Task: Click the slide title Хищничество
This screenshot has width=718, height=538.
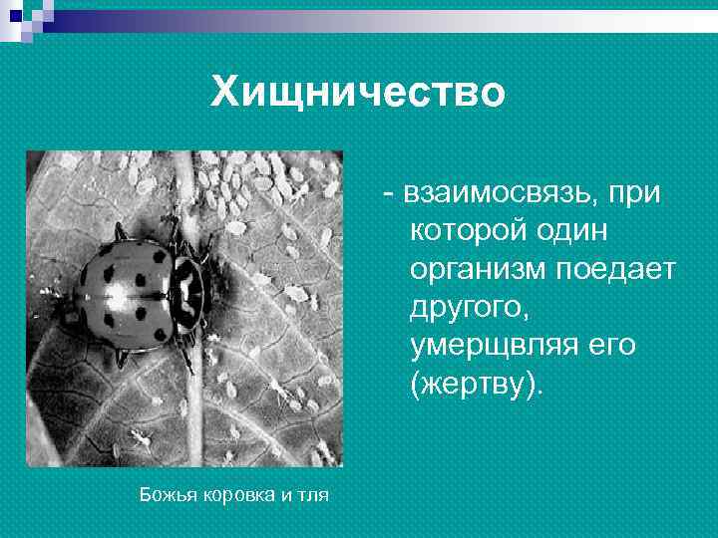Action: point(358,94)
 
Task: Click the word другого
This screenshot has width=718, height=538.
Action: point(465,308)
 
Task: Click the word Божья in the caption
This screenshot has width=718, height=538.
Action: point(160,494)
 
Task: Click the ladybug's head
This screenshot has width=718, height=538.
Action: point(189,289)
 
